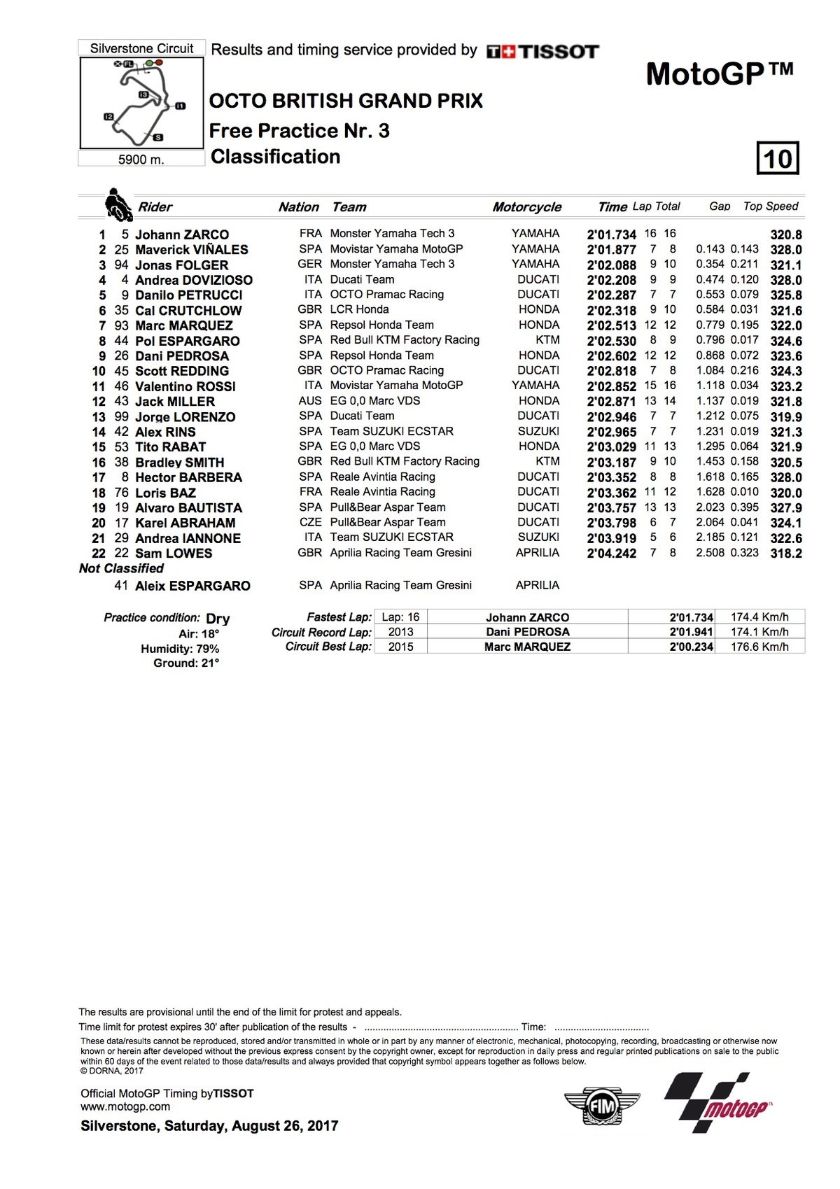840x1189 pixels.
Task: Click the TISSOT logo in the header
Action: pyautogui.click(x=542, y=51)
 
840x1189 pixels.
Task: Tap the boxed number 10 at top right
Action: pyautogui.click(x=778, y=158)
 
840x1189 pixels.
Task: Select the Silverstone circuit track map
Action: pyautogui.click(x=142, y=103)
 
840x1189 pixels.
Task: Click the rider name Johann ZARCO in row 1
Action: pyautogui.click(x=182, y=234)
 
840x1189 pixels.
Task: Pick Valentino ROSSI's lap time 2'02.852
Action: pyautogui.click(x=611, y=386)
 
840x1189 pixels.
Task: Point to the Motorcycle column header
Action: pyautogui.click(x=526, y=207)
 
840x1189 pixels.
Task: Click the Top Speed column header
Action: pyautogui.click(x=770, y=206)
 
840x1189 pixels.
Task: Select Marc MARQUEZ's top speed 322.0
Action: pyautogui.click(x=785, y=326)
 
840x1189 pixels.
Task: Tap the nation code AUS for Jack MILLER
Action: pyautogui.click(x=310, y=401)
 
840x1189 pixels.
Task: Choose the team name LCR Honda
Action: pyautogui.click(x=359, y=309)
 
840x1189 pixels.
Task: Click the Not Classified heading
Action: pyautogui.click(x=121, y=568)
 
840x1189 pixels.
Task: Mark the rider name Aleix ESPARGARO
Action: pyautogui.click(x=192, y=586)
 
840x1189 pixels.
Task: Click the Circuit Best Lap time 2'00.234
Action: pyautogui.click(x=691, y=647)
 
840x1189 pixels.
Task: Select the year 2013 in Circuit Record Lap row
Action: pyautogui.click(x=400, y=632)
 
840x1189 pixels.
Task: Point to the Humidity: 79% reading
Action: pyautogui.click(x=180, y=649)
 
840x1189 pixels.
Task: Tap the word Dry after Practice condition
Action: pyautogui.click(x=218, y=619)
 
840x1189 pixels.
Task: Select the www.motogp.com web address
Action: pyautogui.click(x=125, y=1106)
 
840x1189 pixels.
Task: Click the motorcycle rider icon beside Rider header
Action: pyautogui.click(x=118, y=205)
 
